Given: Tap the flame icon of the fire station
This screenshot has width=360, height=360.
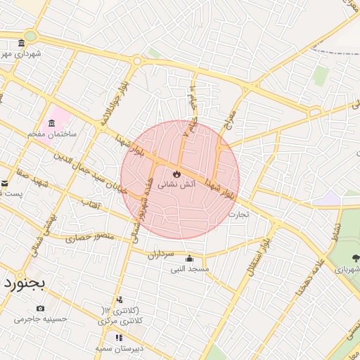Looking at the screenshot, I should coord(176,173).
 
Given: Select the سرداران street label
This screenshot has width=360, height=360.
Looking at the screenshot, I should coord(160,254).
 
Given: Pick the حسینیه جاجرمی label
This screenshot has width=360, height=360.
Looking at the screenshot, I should coord(41,319).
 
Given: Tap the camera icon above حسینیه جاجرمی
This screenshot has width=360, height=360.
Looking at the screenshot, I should coord(40,308).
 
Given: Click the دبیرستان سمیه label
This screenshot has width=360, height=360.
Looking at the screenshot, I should coord(120,348).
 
